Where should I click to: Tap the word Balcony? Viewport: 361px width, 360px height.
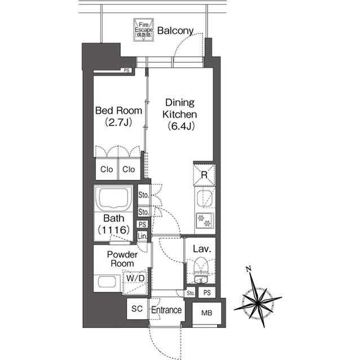click(x=175, y=30)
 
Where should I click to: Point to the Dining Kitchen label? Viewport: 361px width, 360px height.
click(x=179, y=114)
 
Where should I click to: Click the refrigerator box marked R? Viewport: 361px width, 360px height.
click(x=204, y=175)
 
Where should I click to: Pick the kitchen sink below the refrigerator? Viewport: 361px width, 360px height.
click(x=204, y=198)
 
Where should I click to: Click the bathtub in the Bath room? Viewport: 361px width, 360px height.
click(x=115, y=198)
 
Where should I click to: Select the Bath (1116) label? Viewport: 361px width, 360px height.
click(x=115, y=224)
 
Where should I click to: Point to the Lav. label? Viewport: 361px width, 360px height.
click(x=201, y=248)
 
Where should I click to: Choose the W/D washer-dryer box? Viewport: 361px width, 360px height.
click(x=136, y=278)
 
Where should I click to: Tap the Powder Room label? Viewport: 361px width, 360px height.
click(x=122, y=259)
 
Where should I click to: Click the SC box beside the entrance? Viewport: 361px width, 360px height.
click(x=137, y=309)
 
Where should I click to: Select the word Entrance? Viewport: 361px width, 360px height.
click(x=166, y=310)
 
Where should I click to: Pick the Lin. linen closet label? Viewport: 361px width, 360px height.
click(x=143, y=235)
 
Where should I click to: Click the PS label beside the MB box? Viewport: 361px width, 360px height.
click(x=207, y=292)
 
